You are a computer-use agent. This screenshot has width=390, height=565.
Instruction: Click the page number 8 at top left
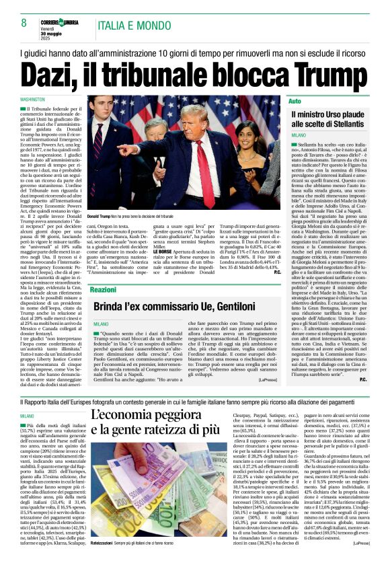tap(24, 22)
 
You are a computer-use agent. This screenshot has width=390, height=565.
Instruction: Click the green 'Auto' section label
tap(295, 101)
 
